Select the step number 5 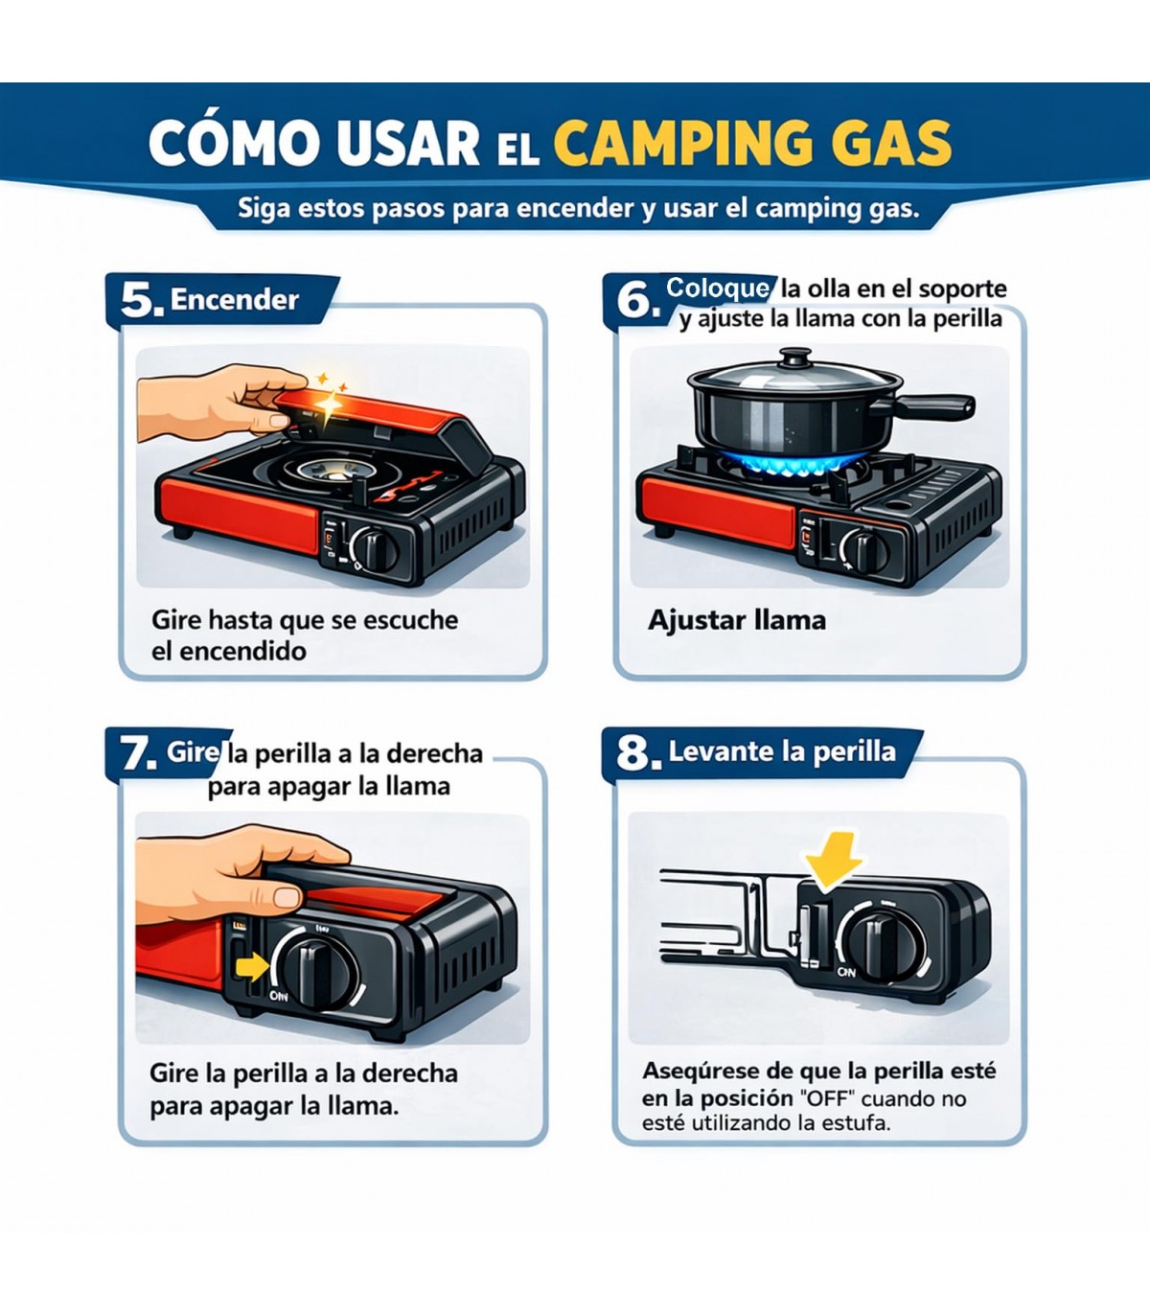(x=137, y=300)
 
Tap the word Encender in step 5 (x=235, y=299)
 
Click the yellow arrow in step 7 (x=252, y=967)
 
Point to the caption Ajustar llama (x=737, y=620)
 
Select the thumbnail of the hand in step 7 (x=284, y=896)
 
